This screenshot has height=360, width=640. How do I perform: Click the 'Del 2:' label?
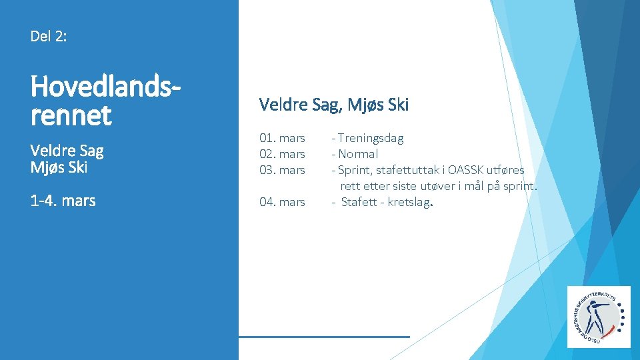click(48, 36)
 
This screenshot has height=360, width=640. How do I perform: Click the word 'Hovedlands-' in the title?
click(105, 87)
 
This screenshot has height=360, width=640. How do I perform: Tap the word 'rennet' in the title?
click(71, 115)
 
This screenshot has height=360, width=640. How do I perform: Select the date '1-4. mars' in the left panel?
click(63, 200)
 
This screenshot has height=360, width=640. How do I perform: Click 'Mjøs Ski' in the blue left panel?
click(59, 167)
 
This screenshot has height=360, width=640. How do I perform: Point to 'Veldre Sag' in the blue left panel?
click(67, 150)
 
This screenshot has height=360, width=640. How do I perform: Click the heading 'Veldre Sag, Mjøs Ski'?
click(333, 105)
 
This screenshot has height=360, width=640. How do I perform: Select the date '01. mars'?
click(282, 138)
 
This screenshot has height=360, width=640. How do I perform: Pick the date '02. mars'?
click(282, 154)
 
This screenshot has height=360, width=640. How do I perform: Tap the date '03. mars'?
click(282, 170)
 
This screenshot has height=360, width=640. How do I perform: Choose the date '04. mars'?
click(282, 201)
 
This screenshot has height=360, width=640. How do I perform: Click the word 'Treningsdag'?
click(371, 138)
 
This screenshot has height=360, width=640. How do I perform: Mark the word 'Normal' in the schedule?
click(358, 154)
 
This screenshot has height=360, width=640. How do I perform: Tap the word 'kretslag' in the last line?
click(408, 201)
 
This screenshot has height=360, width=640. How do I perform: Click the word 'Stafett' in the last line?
click(361, 201)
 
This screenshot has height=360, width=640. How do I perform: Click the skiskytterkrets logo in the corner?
click(598, 317)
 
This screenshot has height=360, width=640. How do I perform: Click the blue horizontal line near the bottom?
click(324, 337)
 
